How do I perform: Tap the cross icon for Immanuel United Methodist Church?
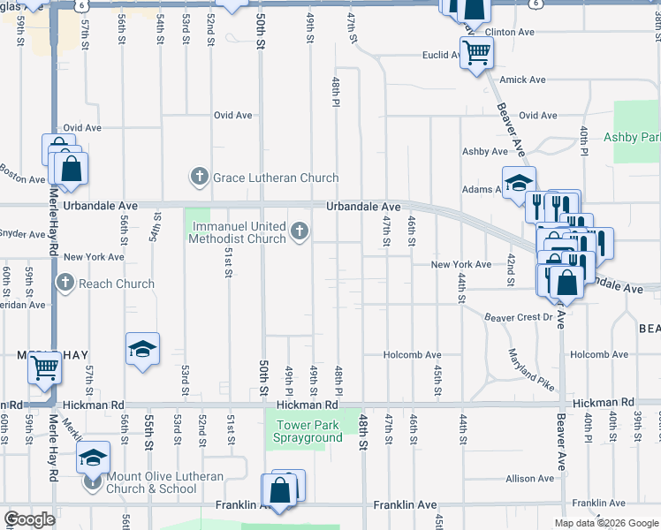click(x=300, y=232)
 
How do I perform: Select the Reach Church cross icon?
click(x=65, y=284)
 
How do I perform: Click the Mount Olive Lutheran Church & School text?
click(x=163, y=482)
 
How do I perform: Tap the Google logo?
click(x=28, y=520)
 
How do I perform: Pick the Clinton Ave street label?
click(x=510, y=32)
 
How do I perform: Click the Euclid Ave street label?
click(x=444, y=55)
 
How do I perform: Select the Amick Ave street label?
click(x=522, y=79)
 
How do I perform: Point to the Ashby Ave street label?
click(x=484, y=152)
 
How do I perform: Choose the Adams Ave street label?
click(x=482, y=189)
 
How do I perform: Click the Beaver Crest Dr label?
click(x=517, y=316)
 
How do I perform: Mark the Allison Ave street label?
click(x=529, y=479)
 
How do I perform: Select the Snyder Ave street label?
click(x=22, y=235)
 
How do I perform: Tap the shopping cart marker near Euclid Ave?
click(x=476, y=52)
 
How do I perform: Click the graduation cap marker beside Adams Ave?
click(x=519, y=183)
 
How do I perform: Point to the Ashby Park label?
click(x=632, y=137)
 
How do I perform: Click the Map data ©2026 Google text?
click(x=605, y=523)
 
